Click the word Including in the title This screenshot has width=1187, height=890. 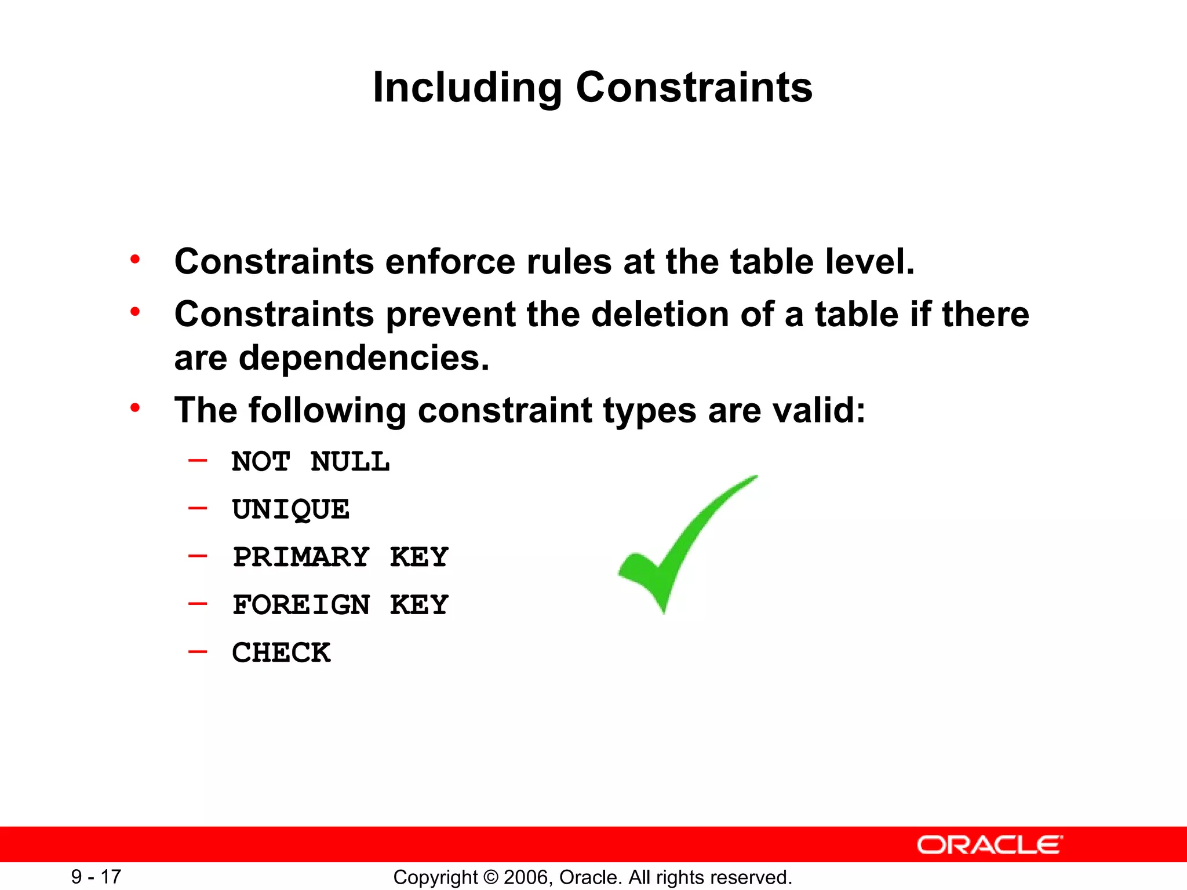click(x=467, y=88)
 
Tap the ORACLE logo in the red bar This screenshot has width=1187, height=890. click(x=990, y=845)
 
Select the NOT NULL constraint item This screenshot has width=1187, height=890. click(x=311, y=462)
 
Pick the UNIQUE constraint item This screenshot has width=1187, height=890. click(x=291, y=510)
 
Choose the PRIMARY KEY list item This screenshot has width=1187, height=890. click(x=341, y=557)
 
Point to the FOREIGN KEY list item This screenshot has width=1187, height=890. click(x=341, y=605)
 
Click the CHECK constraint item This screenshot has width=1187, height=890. click(x=282, y=653)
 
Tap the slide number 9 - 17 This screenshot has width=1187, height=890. click(x=96, y=877)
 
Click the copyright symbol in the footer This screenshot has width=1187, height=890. click(x=490, y=877)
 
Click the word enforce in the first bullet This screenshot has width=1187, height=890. click(x=450, y=262)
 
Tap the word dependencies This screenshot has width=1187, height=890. click(x=364, y=359)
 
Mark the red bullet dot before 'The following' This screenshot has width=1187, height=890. click(x=135, y=408)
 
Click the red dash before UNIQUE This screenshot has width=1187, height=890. click(x=198, y=509)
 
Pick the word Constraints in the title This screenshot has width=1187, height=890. click(x=694, y=88)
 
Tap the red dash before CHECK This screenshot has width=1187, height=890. click(x=198, y=652)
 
